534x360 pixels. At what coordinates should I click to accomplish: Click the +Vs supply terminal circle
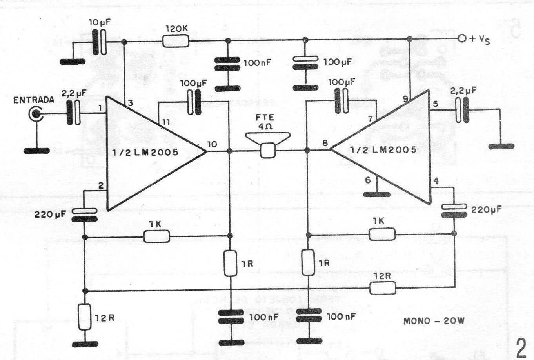point(462,38)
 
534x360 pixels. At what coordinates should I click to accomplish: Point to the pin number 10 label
point(212,144)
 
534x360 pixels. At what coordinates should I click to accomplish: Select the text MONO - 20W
point(434,321)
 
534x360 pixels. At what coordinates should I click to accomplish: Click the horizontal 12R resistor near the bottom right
point(383,289)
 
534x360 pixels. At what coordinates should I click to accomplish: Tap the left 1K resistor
point(157,236)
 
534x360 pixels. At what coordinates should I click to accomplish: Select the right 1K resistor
point(382,235)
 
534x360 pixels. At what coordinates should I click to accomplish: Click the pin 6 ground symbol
point(377,194)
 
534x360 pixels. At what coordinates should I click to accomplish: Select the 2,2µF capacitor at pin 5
point(462,109)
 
